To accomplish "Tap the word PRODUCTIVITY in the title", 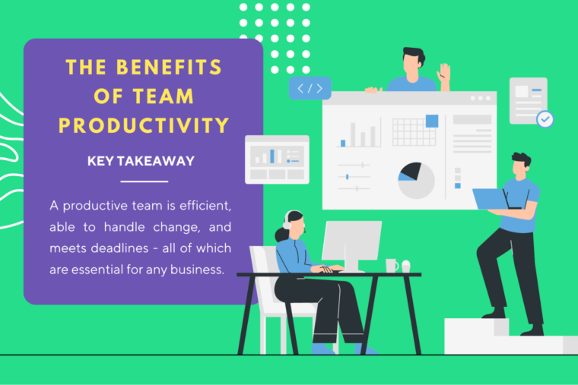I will pos(144,125).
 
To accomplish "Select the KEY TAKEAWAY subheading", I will pos(141,161).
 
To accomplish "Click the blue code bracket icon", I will pos(310,89).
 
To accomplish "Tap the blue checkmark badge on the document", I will pos(545,119).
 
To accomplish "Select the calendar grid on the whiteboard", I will pos(414,131).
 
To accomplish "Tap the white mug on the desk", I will pos(391,265).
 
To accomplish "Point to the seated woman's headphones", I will pos(287,220).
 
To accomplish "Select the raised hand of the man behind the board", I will pos(443,73).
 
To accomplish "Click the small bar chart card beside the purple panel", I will pos(277,159).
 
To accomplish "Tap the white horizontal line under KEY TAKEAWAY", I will pos(144,181).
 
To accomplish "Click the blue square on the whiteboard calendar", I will pos(432,121).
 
